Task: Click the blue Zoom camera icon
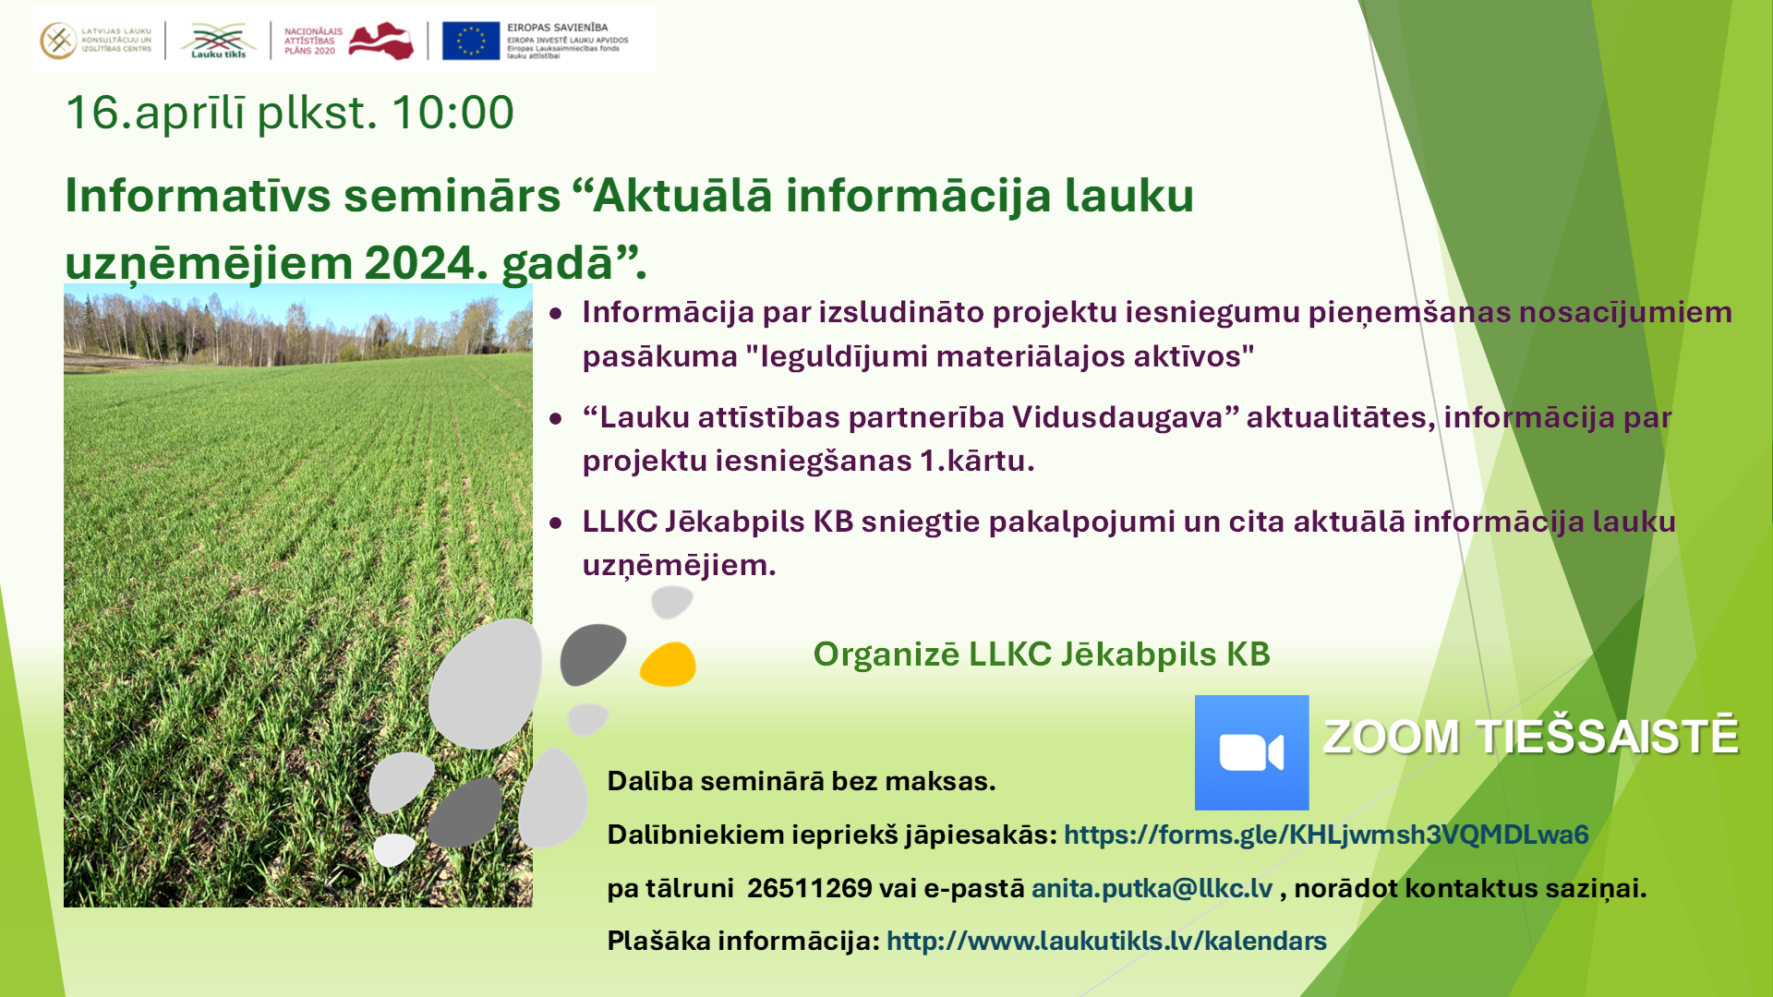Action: (1251, 752)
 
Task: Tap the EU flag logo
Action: (471, 42)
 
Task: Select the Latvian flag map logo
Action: (381, 42)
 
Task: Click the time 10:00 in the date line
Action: (452, 113)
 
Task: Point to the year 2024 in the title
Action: (419, 263)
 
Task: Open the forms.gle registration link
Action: (1326, 835)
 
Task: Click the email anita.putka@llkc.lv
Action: (1152, 888)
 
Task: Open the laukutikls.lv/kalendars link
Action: (1106, 941)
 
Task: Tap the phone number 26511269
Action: (809, 888)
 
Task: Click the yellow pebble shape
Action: (668, 665)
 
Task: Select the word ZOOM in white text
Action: (1392, 738)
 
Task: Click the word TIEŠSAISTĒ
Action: (1608, 736)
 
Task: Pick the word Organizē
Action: (886, 655)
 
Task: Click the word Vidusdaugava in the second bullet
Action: (1117, 417)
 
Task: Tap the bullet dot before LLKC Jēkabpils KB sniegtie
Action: (556, 523)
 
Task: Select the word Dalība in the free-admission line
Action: (650, 781)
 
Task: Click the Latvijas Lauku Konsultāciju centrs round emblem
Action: (58, 42)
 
